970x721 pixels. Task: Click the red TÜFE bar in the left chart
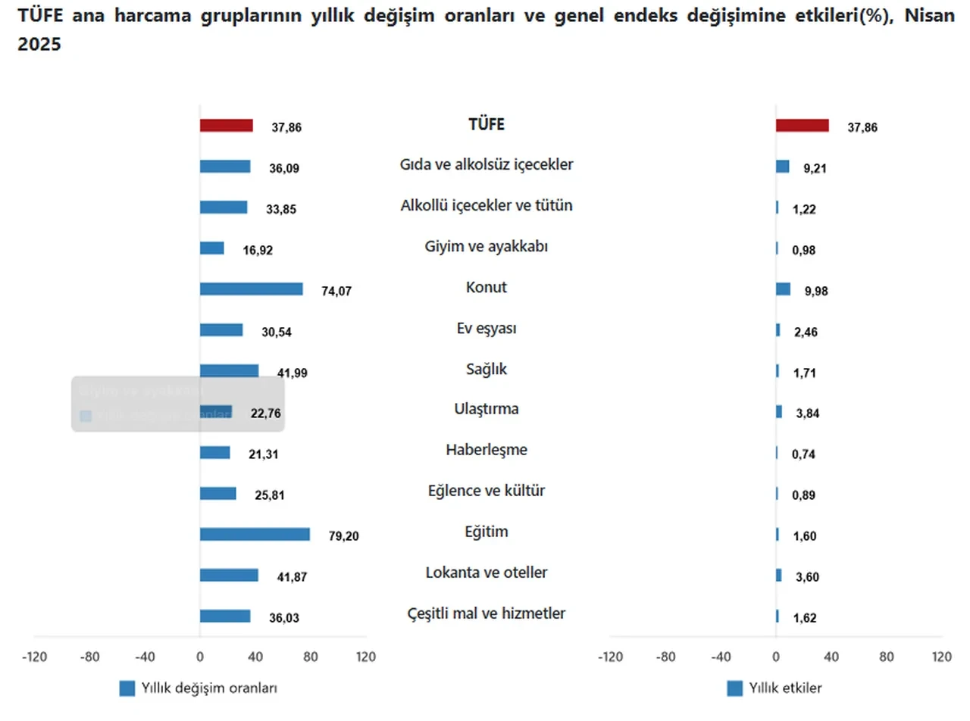click(x=226, y=126)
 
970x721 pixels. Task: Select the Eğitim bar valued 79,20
click(x=255, y=535)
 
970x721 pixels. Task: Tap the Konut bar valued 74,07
click(x=251, y=289)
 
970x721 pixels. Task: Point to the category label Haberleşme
click(x=486, y=450)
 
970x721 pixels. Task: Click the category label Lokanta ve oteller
click(x=486, y=573)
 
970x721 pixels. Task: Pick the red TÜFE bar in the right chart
click(x=802, y=126)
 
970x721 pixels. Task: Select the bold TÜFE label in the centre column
click(x=486, y=125)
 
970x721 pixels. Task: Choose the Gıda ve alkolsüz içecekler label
click(x=486, y=164)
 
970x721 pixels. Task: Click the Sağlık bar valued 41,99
click(x=229, y=371)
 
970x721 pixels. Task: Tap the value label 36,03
click(x=285, y=618)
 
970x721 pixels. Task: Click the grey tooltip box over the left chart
click(x=177, y=404)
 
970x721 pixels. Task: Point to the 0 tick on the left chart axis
click(x=199, y=657)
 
